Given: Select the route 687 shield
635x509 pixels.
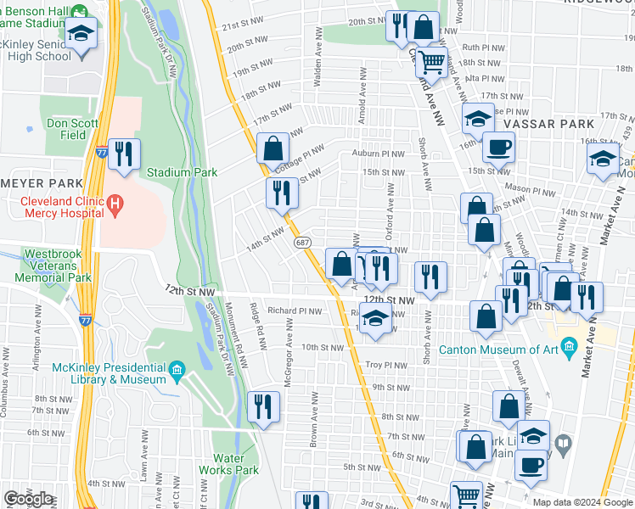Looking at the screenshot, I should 302,243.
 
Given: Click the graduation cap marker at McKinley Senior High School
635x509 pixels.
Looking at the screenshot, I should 81,35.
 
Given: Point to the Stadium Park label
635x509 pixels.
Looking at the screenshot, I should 182,172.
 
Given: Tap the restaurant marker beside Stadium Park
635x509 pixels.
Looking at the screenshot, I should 124,154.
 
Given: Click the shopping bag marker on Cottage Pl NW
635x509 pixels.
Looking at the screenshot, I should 273,149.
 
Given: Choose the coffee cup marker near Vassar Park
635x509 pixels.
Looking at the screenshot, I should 498,147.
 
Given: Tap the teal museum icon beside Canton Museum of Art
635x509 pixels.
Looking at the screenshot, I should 569,346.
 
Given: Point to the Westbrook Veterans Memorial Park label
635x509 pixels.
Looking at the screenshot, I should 56,265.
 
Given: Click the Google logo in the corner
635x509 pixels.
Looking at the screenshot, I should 28,499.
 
